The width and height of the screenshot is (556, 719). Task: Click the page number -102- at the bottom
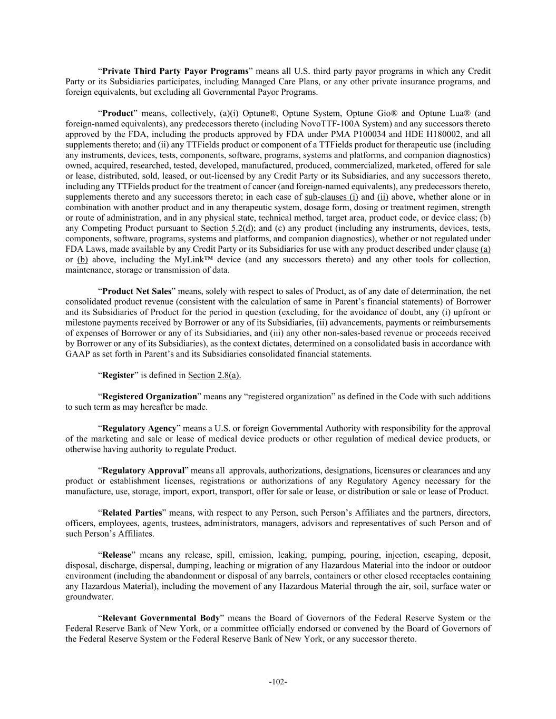click(278, 682)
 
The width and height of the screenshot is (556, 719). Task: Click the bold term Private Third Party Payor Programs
click(175, 71)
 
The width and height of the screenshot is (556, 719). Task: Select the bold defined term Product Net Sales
click(136, 291)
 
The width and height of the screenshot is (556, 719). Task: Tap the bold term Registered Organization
click(149, 397)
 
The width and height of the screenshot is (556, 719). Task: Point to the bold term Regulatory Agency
click(139, 428)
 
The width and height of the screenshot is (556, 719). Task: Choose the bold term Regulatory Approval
click(143, 470)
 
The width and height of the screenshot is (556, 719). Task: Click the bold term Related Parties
click(132, 513)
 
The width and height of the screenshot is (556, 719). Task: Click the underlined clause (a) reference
click(473, 249)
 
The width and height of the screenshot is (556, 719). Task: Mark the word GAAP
click(77, 354)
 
